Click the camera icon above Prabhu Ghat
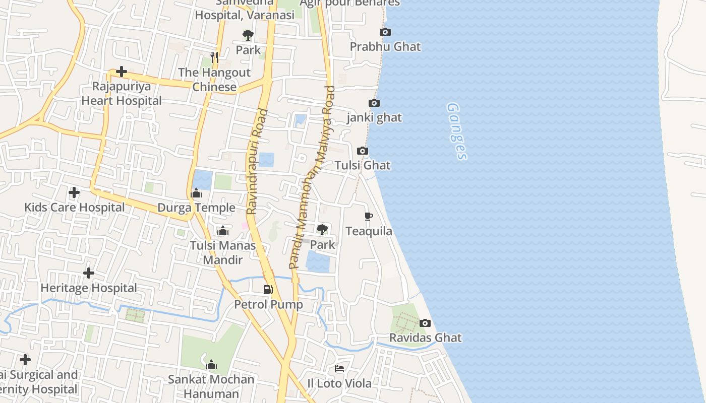pyautogui.click(x=385, y=32)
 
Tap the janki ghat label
pyautogui.click(x=374, y=118)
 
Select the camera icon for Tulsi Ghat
pyautogui.click(x=362, y=151)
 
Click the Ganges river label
pyautogui.click(x=456, y=131)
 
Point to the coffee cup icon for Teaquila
pyautogui.click(x=369, y=217)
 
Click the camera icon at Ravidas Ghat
pyautogui.click(x=425, y=323)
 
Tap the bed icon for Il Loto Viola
pyautogui.click(x=339, y=369)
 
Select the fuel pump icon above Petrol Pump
pyautogui.click(x=268, y=290)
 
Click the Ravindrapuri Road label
pyautogui.click(x=258, y=161)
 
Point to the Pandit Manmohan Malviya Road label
pyautogui.click(x=312, y=176)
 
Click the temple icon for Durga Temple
pyautogui.click(x=196, y=193)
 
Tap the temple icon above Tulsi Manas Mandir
pyautogui.click(x=222, y=231)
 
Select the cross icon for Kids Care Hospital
pyautogui.click(x=74, y=192)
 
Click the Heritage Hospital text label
pyautogui.click(x=89, y=288)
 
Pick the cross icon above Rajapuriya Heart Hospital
pyautogui.click(x=122, y=72)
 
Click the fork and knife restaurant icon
pyautogui.click(x=214, y=57)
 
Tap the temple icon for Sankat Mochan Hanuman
pyautogui.click(x=211, y=365)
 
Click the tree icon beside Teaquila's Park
pyautogui.click(x=322, y=230)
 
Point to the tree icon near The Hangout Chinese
pyautogui.click(x=248, y=35)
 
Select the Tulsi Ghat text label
pyautogui.click(x=363, y=165)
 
